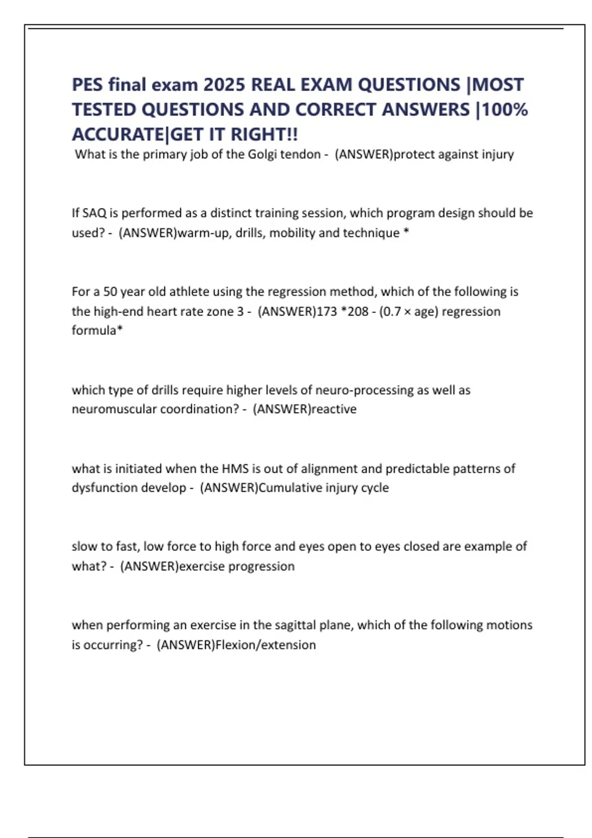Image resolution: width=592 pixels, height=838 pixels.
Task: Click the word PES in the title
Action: [87, 85]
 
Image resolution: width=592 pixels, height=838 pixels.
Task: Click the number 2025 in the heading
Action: [224, 85]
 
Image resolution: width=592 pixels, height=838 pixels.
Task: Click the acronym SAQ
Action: [94, 213]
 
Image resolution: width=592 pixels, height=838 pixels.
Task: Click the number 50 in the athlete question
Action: [110, 292]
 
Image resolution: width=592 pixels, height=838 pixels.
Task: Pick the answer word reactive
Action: [334, 409]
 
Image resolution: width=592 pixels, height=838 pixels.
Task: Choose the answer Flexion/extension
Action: [265, 645]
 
